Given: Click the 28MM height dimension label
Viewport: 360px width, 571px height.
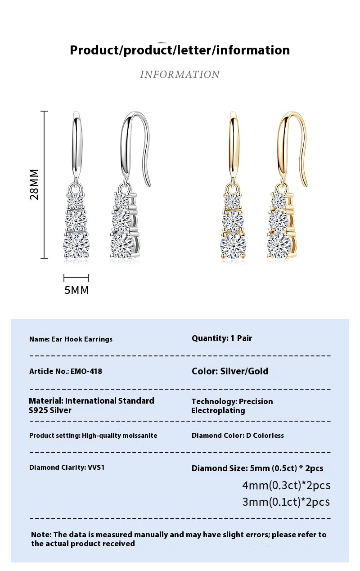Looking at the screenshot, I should point(34,184).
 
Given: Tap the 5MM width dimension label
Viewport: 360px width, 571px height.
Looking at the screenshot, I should point(76,290).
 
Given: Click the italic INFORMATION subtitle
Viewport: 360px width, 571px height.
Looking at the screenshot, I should point(180,74).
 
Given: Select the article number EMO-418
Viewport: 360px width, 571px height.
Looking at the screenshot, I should point(86,372).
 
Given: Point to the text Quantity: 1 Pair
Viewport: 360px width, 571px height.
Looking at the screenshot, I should point(222,338).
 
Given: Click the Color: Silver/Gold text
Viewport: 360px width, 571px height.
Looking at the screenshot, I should point(230,371).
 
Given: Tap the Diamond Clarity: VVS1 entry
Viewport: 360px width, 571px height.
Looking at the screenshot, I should point(67,468).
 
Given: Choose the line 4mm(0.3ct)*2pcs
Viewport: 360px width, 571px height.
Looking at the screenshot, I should point(286,485).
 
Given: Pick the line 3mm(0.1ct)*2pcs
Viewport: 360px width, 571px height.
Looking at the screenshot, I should point(286,502).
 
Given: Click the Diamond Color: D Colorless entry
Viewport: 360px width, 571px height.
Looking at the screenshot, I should point(238,436).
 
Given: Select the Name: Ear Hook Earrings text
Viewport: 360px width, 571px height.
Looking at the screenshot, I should point(71,339).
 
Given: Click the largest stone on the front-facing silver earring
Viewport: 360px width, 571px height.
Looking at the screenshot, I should point(76,245).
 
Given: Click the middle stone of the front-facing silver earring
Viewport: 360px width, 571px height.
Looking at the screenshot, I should point(76,220).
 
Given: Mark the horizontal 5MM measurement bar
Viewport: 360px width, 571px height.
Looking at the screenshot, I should point(76,278).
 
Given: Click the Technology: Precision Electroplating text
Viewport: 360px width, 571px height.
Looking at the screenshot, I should point(232,406).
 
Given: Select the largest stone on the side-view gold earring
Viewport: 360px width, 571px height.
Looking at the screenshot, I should point(279,245).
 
